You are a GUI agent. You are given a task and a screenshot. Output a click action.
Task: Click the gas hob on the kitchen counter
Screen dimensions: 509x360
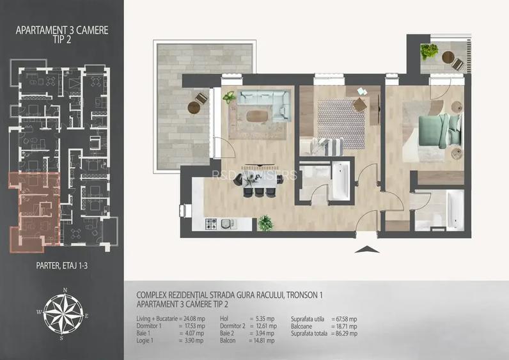pyautogui.click(x=211, y=224)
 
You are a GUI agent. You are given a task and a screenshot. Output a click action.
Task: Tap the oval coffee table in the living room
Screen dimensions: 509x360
pyautogui.click(x=256, y=116)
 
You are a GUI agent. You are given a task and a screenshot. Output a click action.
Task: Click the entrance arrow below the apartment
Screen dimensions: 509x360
pyautogui.click(x=367, y=249)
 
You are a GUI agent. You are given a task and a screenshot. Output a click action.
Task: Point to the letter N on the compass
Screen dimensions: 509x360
pyautogui.click(x=65, y=290)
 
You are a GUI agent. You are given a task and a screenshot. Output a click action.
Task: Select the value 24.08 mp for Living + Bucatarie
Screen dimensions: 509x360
pyautogui.click(x=194, y=319)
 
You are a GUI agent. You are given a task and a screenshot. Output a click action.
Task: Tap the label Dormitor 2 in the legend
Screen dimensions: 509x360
pyautogui.click(x=233, y=326)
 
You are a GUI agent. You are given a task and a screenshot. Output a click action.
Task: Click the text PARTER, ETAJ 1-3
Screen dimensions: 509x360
pyautogui.click(x=61, y=265)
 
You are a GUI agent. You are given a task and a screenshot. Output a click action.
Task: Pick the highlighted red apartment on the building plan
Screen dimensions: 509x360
pyautogui.click(x=34, y=211)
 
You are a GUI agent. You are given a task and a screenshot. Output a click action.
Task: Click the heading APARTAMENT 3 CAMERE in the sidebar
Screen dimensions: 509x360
pyautogui.click(x=62, y=30)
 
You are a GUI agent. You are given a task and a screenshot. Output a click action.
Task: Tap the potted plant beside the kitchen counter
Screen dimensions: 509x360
pyautogui.click(x=265, y=223)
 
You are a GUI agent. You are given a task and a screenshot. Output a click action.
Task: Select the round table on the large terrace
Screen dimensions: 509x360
pyautogui.click(x=194, y=107)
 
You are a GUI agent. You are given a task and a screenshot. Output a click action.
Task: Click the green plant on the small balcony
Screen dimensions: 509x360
pyautogui.click(x=429, y=51)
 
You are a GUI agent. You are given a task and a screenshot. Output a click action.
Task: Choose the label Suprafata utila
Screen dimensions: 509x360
pyautogui.click(x=308, y=319)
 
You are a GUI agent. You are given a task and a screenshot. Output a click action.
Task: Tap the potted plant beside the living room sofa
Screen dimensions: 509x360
pyautogui.click(x=229, y=97)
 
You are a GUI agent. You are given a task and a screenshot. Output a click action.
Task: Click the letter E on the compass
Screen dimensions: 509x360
pyautogui.click(x=87, y=315)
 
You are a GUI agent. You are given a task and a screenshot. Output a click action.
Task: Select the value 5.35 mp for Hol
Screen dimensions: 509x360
pyautogui.click(x=265, y=319)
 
